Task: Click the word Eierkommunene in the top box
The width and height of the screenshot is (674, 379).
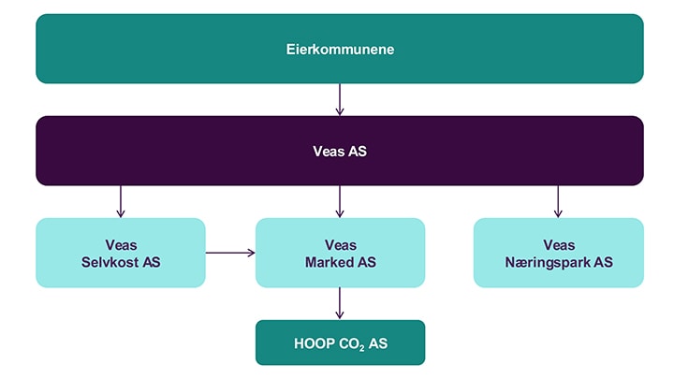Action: tap(340, 50)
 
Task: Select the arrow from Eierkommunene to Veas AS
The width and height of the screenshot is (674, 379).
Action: tap(340, 100)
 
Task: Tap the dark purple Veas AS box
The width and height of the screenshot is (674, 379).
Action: tap(340, 151)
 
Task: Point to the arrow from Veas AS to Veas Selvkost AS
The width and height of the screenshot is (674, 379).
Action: tap(121, 201)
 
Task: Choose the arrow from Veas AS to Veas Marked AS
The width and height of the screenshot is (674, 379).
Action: tap(340, 201)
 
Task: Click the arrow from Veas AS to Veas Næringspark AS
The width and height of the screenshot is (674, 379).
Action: tap(558, 201)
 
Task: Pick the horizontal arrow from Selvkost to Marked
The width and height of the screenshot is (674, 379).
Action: tap(230, 253)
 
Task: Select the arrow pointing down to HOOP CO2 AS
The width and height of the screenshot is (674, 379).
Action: tap(340, 303)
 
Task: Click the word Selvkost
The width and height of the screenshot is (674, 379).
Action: tap(110, 262)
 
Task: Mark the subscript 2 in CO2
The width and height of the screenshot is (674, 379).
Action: tap(362, 348)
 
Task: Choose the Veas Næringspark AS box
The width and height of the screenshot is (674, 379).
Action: tap(558, 253)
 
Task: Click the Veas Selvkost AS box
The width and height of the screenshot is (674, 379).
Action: tap(121, 253)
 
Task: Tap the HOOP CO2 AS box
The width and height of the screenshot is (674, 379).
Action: tap(340, 343)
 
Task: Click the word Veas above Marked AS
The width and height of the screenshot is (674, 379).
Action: tap(341, 245)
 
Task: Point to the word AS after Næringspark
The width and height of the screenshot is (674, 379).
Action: tap(603, 262)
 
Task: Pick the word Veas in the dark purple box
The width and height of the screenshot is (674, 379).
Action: tap(329, 152)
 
